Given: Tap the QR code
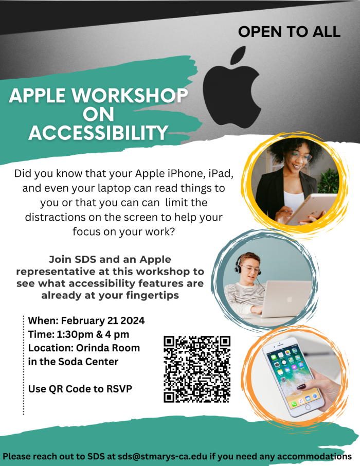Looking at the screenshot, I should (197, 369).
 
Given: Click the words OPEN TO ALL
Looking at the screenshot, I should (289, 31).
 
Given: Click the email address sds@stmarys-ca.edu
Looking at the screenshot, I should (164, 456).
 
